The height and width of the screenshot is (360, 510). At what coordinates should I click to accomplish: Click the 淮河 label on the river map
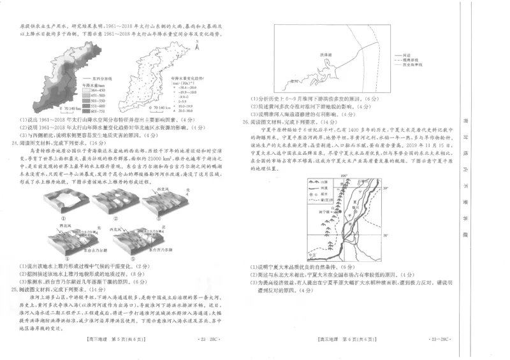pos(294,82)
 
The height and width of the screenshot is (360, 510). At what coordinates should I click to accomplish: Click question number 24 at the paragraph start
pos(15,144)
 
